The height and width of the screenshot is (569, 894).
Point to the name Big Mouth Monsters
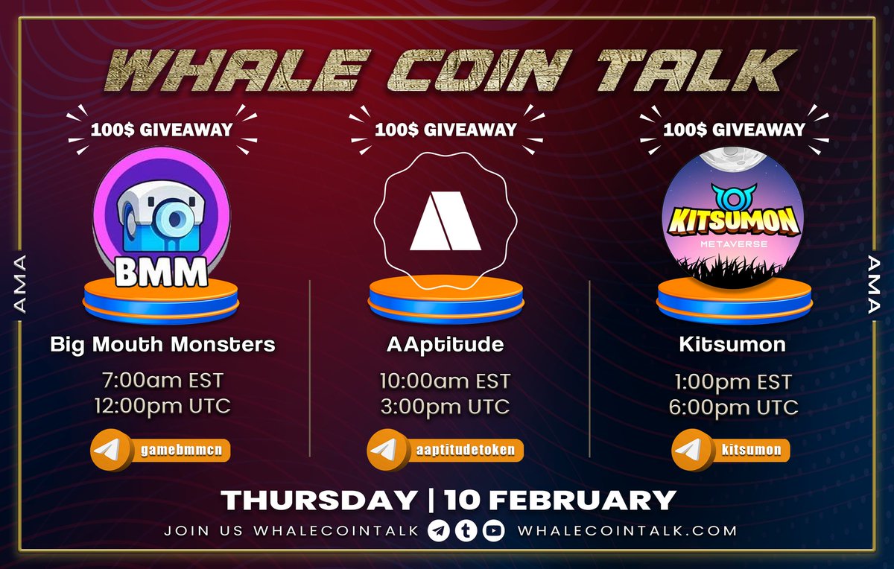(x=162, y=345)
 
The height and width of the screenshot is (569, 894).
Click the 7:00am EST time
(x=162, y=381)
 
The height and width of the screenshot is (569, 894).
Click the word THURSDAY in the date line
(x=318, y=499)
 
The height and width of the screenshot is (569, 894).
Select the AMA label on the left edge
(x=20, y=284)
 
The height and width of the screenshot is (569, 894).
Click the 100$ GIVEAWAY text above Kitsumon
(x=734, y=130)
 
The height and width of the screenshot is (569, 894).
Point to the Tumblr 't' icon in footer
(x=466, y=531)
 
